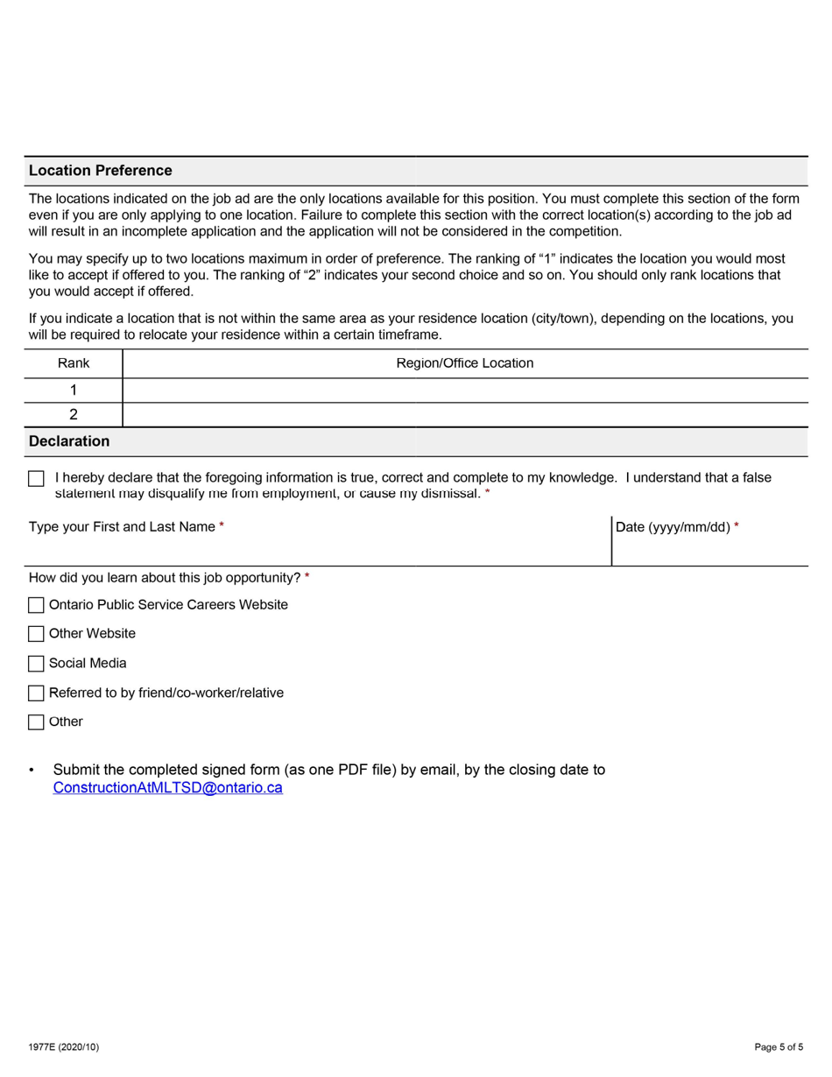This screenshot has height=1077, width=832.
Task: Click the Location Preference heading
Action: (100, 171)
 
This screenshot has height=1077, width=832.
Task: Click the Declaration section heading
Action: (69, 441)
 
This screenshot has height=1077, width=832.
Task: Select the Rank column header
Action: (74, 363)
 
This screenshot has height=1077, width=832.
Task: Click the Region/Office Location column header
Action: (464, 363)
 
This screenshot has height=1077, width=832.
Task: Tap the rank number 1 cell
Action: (74, 391)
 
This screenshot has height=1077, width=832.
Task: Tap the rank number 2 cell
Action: (74, 415)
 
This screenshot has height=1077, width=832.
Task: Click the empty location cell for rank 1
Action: (464, 391)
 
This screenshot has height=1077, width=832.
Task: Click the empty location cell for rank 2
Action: (464, 415)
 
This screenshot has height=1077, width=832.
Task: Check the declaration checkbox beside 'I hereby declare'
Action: (36, 479)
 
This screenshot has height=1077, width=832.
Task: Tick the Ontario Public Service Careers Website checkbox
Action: (36, 605)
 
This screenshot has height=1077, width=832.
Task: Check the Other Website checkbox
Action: (36, 634)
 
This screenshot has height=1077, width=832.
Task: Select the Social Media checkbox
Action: (36, 664)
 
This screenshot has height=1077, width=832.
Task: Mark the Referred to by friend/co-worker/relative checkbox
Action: (36, 693)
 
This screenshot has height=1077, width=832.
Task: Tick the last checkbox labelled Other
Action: (36, 722)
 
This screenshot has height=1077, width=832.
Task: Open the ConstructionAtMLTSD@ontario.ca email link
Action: (167, 788)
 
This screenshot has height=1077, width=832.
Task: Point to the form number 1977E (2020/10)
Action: (63, 1047)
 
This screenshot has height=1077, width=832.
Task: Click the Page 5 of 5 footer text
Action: (778, 1047)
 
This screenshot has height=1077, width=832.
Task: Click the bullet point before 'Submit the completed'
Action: (32, 771)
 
